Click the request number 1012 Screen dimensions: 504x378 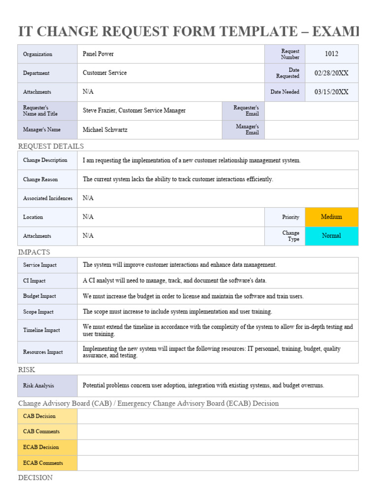331,54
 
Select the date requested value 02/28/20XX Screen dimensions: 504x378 331,73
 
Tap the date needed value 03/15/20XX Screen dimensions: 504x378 331,92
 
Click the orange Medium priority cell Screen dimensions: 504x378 331,217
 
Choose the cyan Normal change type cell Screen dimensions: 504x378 331,236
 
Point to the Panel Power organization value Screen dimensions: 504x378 98,54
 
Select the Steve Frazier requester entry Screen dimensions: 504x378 134,111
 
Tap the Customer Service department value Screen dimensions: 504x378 104,73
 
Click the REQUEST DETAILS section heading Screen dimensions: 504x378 51,146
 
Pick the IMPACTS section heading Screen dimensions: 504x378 34,252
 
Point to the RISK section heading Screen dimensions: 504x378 27,370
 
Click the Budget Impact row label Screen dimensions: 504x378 39,296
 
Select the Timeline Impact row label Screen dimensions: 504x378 41,330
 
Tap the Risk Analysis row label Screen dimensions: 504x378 38,386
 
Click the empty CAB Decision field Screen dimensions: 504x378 218,416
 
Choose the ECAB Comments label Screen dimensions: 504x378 43,463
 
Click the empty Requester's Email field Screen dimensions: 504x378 311,111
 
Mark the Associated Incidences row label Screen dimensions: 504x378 48,198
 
